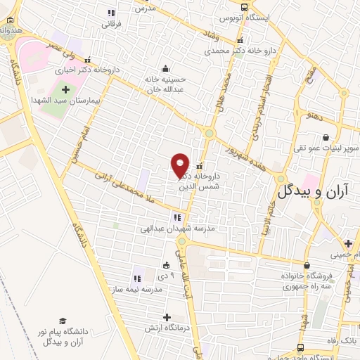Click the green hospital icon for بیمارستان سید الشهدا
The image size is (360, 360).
coord(67,90)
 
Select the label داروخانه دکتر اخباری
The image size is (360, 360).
coord(96,70)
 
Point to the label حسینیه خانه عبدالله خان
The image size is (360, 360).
coord(169,84)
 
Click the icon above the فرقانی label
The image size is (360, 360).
coord(111,13)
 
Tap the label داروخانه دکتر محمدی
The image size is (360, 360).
coord(229,51)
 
